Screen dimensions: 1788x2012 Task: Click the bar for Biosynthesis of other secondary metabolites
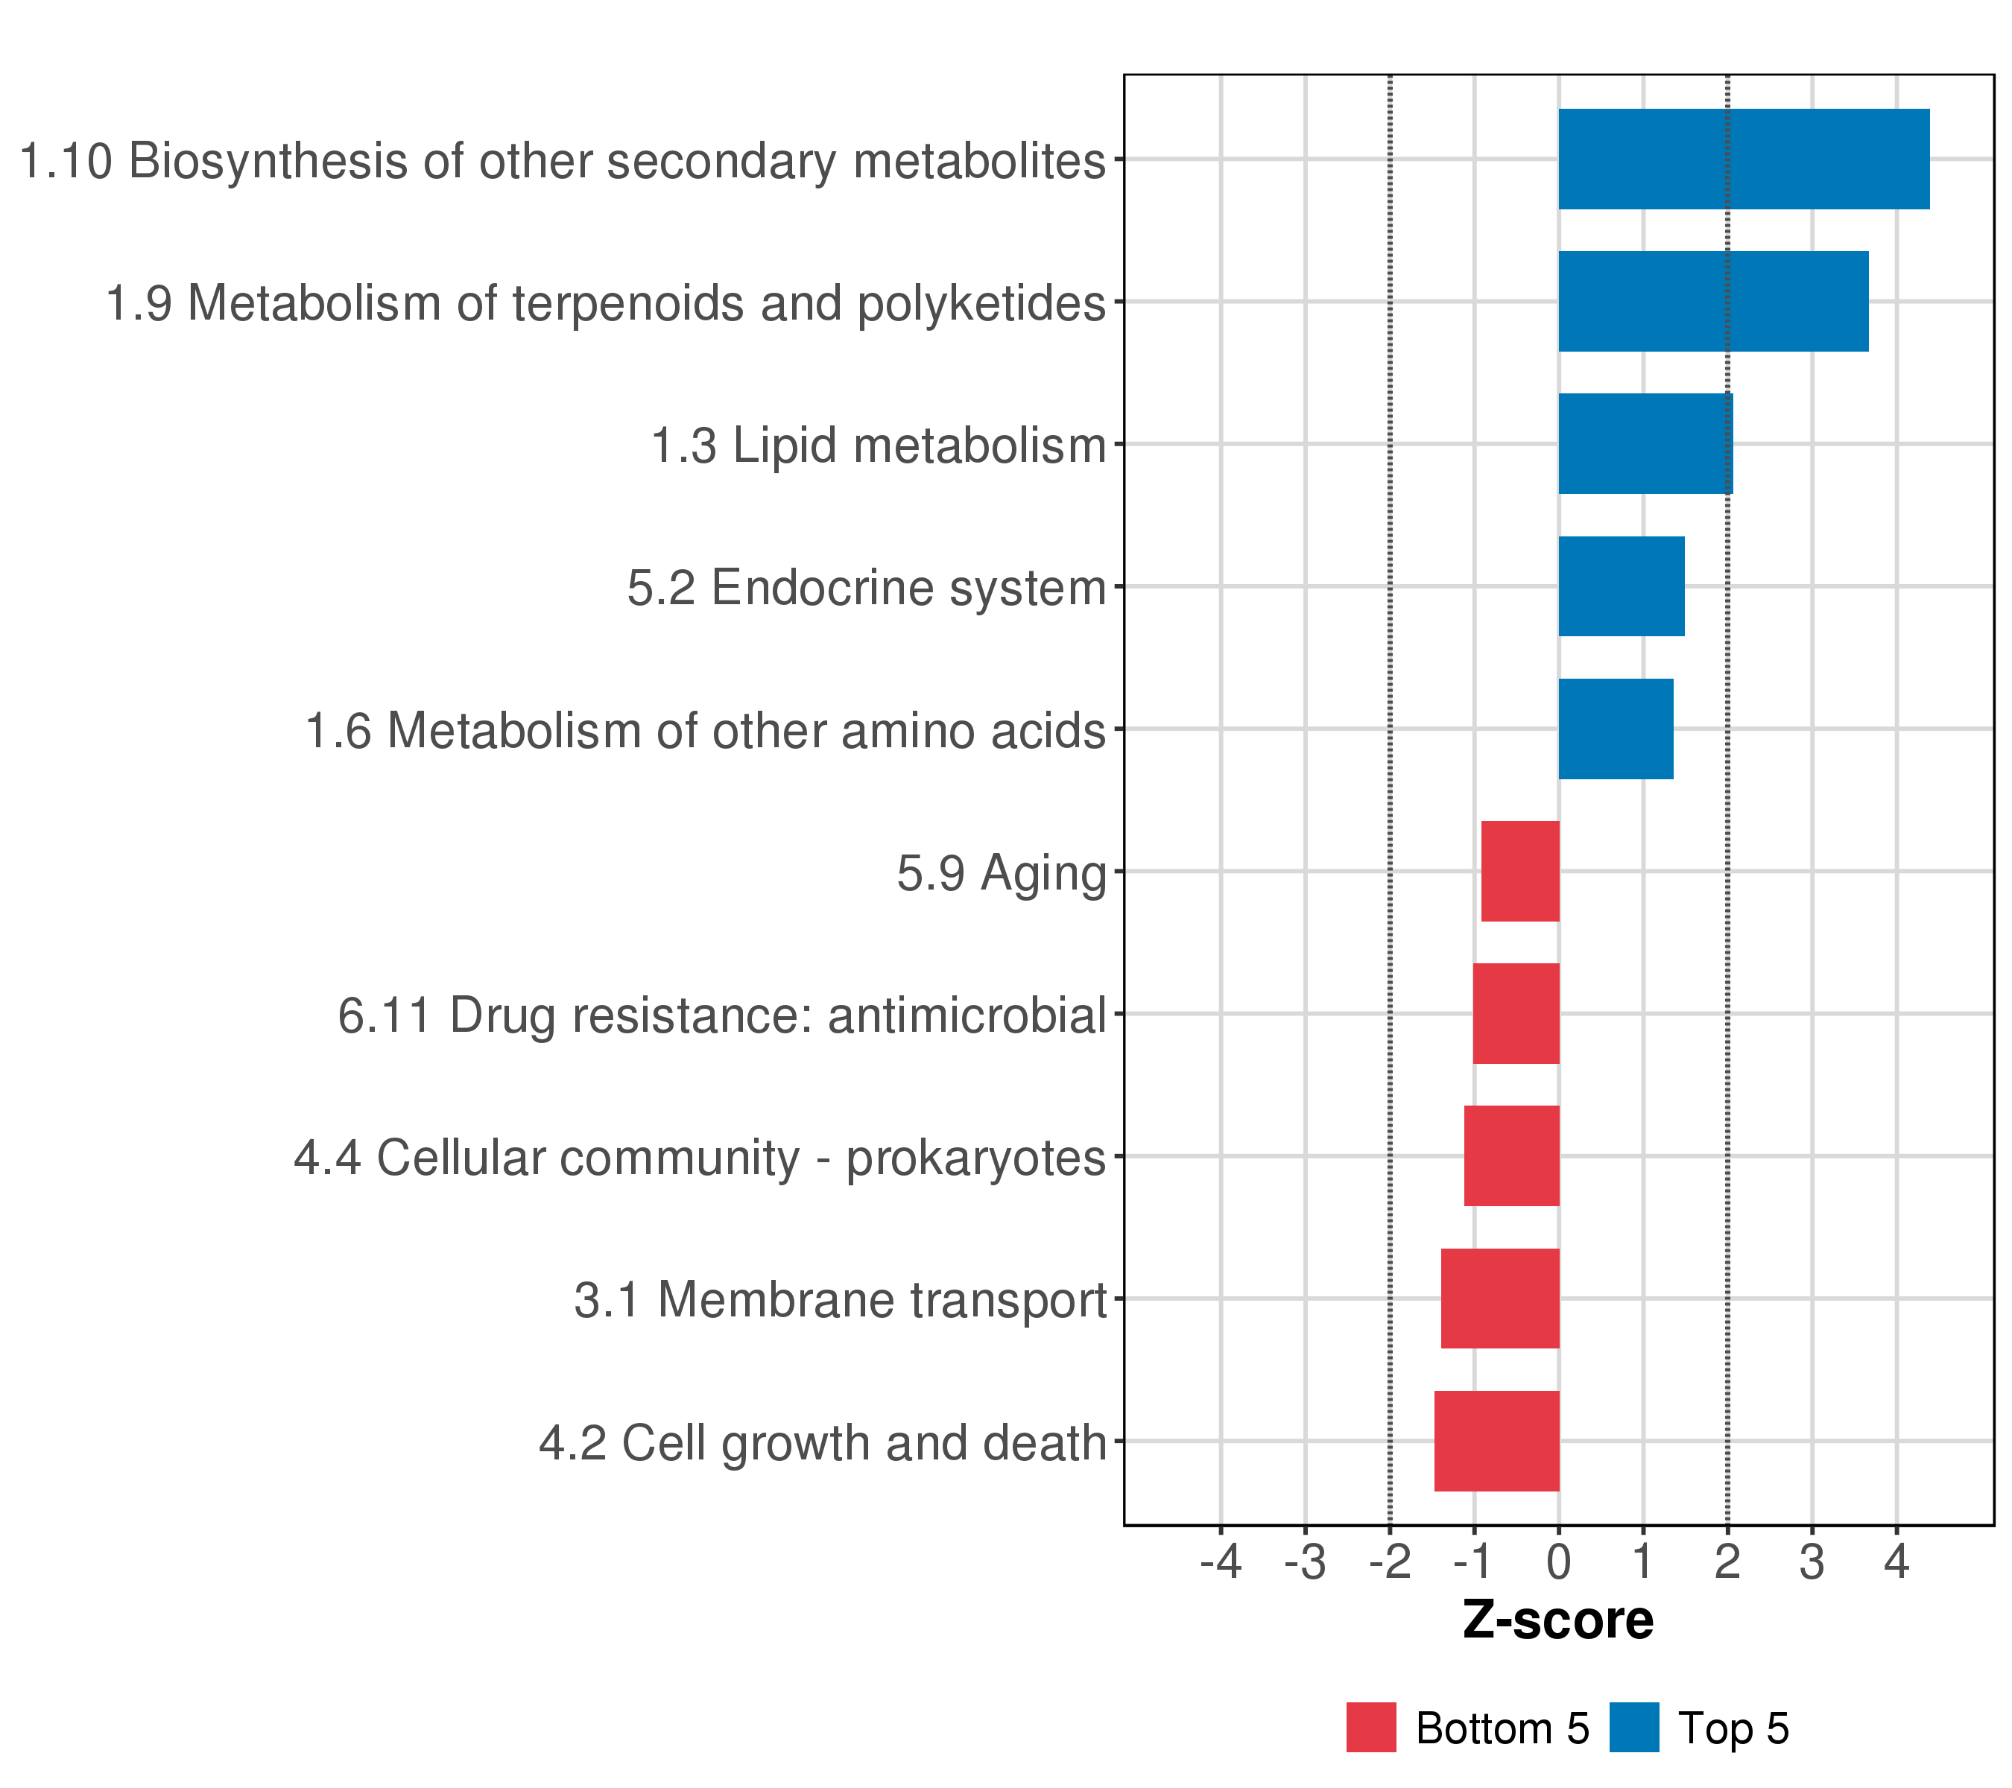click(1743, 159)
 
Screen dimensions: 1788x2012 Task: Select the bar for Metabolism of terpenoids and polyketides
click(1712, 301)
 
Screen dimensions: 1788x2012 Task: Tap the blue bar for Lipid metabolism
click(1645, 444)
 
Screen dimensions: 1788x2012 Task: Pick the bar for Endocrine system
click(1622, 586)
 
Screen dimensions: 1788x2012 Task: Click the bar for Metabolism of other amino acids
click(1616, 729)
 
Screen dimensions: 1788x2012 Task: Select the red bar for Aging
click(1520, 871)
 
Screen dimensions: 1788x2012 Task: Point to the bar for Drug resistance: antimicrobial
click(1516, 1013)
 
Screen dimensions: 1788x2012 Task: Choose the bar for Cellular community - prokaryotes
click(1511, 1156)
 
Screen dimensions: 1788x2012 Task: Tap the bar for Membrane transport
click(1500, 1299)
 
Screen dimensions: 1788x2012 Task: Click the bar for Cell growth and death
click(1496, 1441)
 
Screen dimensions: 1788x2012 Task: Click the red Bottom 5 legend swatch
click(1371, 1728)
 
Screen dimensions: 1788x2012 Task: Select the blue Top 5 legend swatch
click(1634, 1728)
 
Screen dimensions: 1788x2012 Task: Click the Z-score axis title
click(1558, 1620)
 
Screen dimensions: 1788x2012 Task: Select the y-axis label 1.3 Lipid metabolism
click(879, 446)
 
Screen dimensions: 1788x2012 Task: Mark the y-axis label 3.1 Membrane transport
click(841, 1300)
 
